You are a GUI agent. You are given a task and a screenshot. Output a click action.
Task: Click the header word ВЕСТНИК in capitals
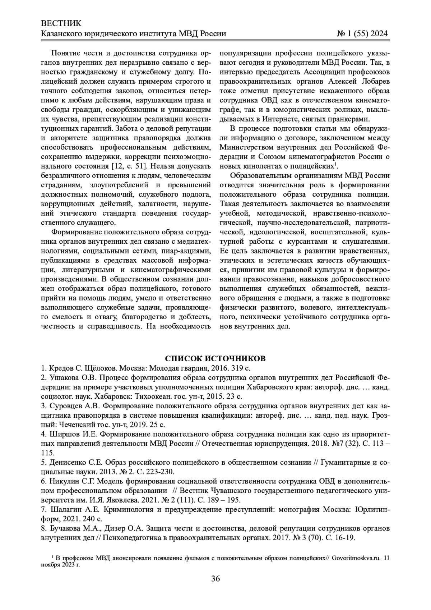click(x=61, y=24)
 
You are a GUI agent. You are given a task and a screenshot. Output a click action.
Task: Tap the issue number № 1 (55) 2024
click(x=362, y=34)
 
